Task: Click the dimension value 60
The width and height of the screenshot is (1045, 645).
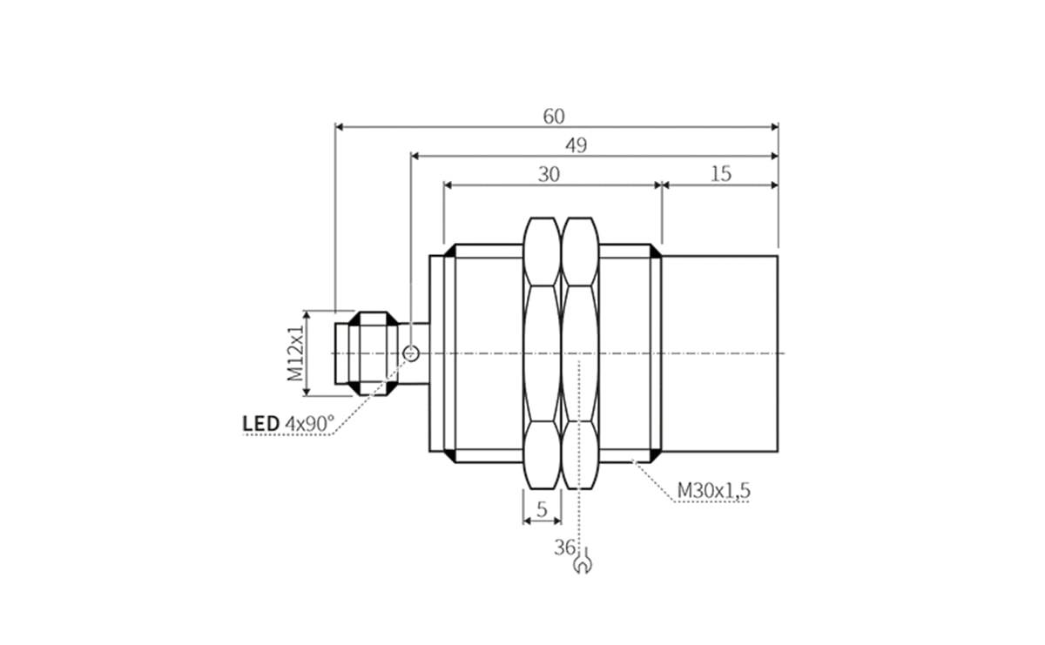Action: click(x=554, y=116)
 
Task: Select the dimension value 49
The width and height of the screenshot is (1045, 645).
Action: click(x=576, y=145)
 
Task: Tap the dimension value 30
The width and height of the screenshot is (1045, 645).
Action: click(x=549, y=174)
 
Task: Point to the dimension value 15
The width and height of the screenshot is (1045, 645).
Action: click(x=720, y=174)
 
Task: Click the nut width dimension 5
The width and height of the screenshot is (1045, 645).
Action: click(x=542, y=510)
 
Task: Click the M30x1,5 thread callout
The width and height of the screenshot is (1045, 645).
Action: click(x=713, y=491)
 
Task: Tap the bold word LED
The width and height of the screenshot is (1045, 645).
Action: click(x=260, y=424)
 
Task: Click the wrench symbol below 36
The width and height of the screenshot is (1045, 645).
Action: click(x=582, y=565)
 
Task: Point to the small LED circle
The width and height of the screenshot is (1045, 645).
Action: click(x=411, y=353)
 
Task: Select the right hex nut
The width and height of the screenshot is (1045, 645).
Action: click(x=580, y=353)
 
